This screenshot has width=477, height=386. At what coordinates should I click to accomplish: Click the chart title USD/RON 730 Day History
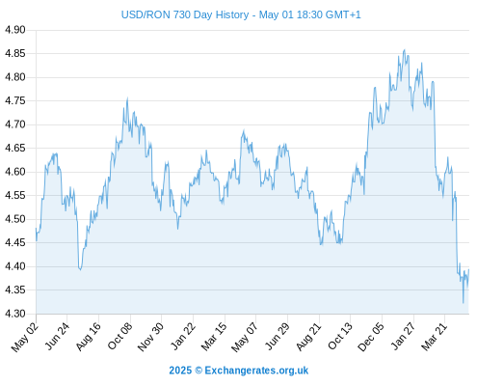click(x=185, y=14)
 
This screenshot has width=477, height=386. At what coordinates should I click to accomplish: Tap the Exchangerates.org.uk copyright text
click(x=239, y=371)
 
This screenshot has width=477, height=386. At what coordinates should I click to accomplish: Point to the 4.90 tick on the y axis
click(x=14, y=30)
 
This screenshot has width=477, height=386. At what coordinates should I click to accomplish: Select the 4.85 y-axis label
click(x=14, y=53)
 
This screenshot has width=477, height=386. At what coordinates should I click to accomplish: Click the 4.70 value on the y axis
click(x=14, y=124)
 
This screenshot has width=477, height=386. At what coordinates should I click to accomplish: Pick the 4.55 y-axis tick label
click(x=14, y=196)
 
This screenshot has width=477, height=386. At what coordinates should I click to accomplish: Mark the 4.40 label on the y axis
click(x=14, y=266)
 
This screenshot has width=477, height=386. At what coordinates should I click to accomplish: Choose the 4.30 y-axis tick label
click(x=14, y=314)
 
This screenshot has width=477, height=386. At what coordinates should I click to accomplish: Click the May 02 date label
click(x=25, y=337)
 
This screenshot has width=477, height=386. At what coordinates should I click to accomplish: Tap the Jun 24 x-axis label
click(x=57, y=337)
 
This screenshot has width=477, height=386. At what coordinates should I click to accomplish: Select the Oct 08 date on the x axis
click(x=119, y=337)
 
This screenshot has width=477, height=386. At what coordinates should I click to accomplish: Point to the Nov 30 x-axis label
click(x=150, y=337)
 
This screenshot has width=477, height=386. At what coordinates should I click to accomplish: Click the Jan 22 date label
click(x=182, y=337)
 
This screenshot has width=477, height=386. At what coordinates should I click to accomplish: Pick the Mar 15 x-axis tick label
click(x=214, y=337)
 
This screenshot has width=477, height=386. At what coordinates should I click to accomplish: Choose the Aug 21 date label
click(x=308, y=337)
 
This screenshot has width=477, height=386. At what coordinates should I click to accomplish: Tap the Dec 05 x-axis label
click(x=371, y=337)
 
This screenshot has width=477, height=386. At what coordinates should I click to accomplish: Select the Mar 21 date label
click(x=434, y=337)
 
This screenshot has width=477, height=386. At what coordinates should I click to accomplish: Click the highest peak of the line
click(x=405, y=50)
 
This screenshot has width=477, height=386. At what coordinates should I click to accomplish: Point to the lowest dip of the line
click(x=464, y=303)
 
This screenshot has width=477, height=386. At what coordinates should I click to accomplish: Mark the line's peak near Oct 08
click(x=127, y=98)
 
